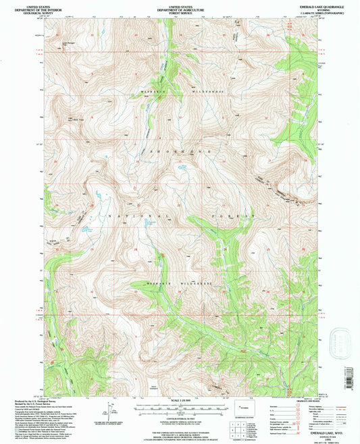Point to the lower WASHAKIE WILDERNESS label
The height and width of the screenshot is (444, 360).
point(179,283)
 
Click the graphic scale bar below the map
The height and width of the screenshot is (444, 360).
point(180,408)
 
